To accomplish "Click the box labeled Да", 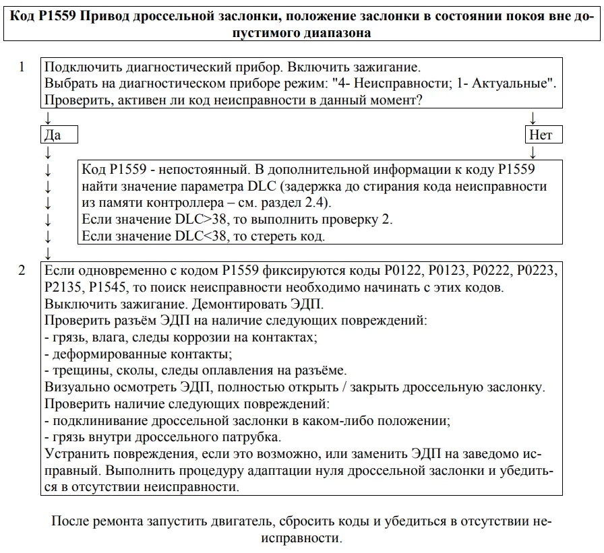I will click(60, 135).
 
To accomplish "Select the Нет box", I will click(541, 135).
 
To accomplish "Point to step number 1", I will click(22, 67).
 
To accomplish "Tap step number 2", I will click(22, 271).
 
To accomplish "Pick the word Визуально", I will click(73, 388).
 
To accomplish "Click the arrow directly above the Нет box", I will click(533, 119).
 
